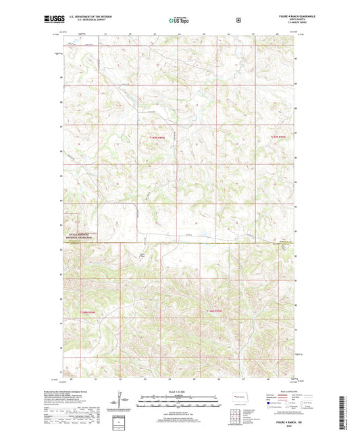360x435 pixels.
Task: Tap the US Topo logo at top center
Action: [x=179, y=20]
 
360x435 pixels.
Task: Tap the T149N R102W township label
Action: [x=156, y=137]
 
